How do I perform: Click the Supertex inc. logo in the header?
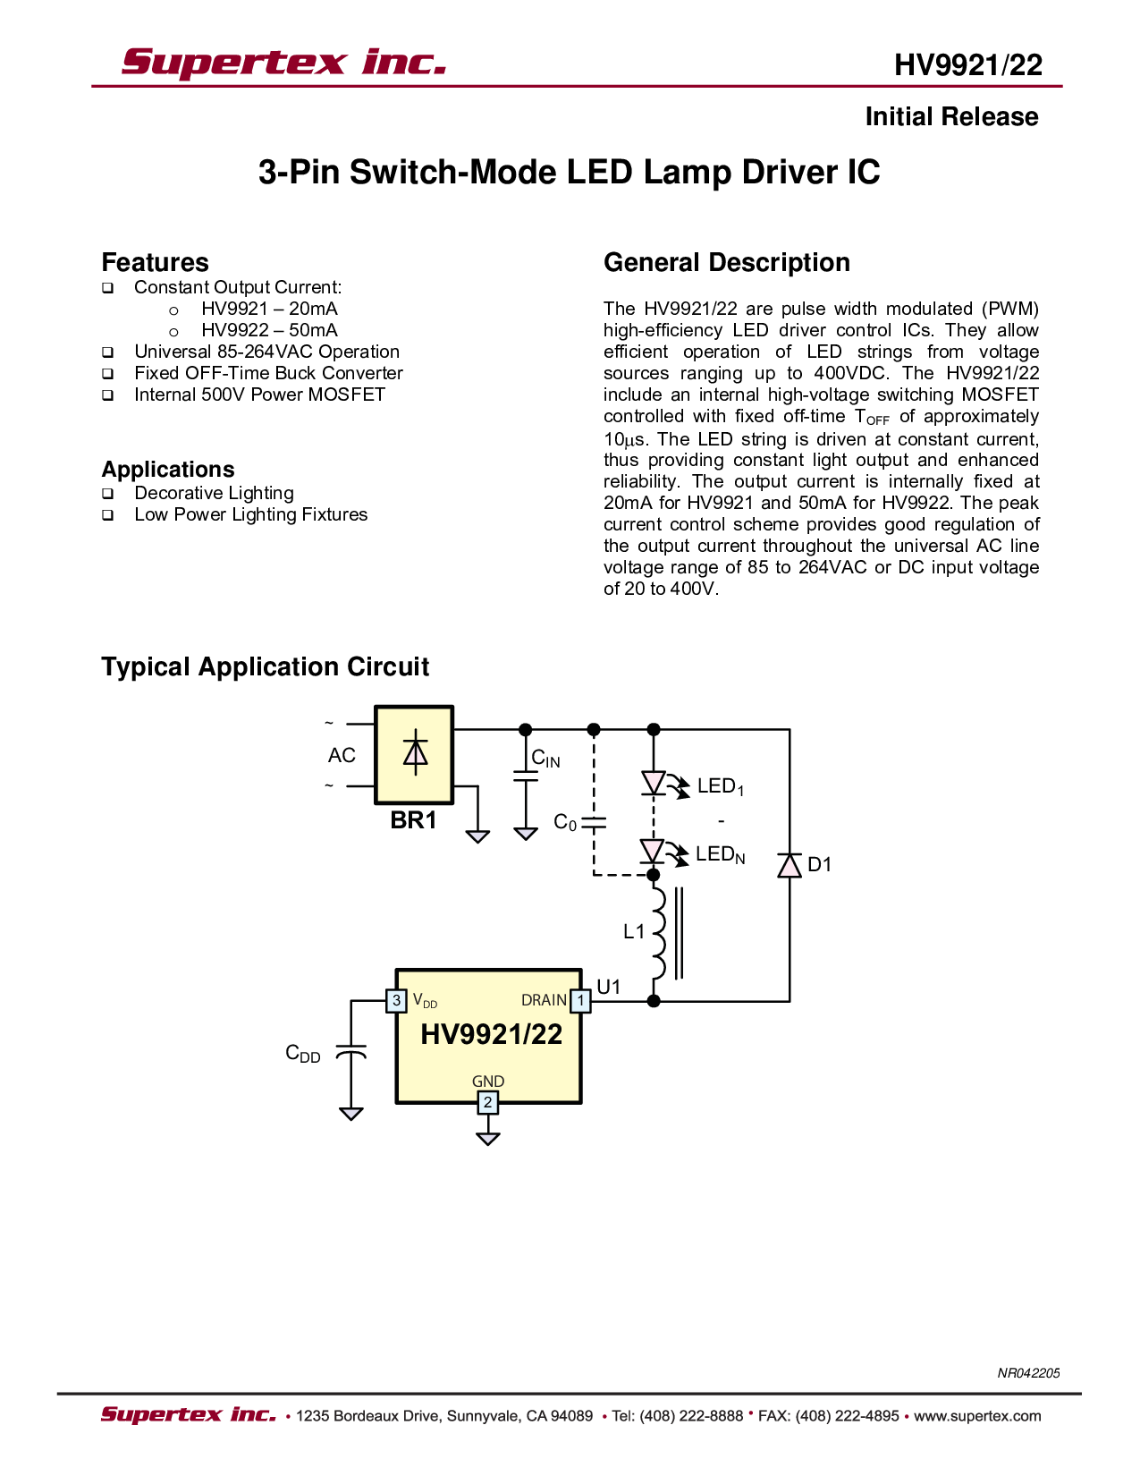tap(283, 63)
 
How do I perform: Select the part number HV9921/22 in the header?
tap(967, 65)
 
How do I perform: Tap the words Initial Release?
tap(951, 117)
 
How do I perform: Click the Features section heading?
tap(155, 262)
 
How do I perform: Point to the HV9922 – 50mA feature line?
tap(269, 330)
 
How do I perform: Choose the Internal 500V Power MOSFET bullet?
tap(259, 394)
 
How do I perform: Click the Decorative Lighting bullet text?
tap(214, 493)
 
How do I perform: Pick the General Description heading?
tap(727, 263)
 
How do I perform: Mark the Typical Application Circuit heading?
tap(266, 667)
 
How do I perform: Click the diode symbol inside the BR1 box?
tap(415, 752)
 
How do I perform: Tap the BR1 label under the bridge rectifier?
tap(413, 819)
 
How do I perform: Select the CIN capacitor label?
tap(545, 758)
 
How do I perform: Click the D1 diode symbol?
tap(789, 865)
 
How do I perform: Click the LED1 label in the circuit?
tap(721, 786)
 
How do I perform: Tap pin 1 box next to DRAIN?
tap(580, 1000)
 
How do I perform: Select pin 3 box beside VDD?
tap(396, 1000)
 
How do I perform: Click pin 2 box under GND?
tap(487, 1102)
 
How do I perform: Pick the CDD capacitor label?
tap(303, 1054)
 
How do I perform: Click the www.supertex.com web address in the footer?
tap(977, 1416)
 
